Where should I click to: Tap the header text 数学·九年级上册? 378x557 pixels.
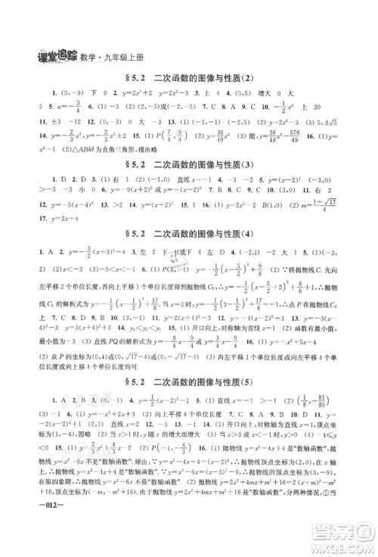101,54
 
